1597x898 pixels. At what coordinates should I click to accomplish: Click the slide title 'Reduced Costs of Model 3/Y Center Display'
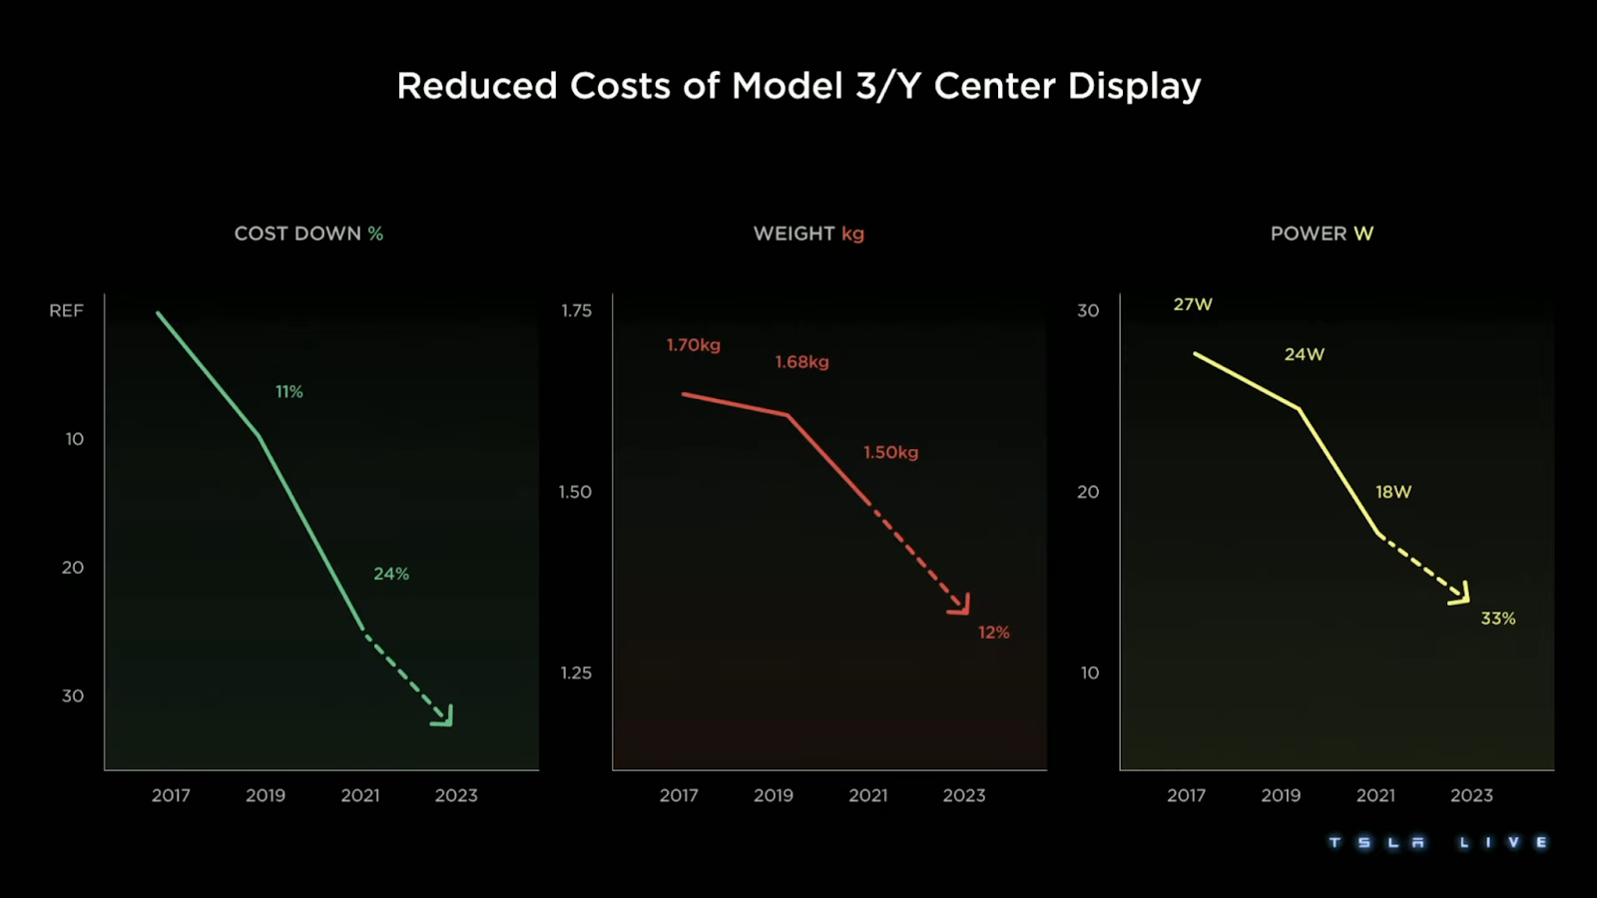pos(798,86)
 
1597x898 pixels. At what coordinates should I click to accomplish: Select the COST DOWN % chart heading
pos(308,233)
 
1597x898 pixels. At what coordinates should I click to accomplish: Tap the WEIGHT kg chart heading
pos(808,233)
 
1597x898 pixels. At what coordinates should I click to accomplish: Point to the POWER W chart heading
pos(1322,233)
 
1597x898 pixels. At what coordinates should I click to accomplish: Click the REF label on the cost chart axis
pos(66,310)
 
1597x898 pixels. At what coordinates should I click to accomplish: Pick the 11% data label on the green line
pos(289,392)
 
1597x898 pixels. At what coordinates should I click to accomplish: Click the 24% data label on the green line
pos(391,574)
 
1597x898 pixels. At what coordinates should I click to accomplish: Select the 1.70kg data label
pos(694,345)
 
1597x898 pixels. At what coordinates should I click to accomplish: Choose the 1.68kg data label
pos(802,362)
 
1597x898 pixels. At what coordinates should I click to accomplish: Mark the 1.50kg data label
pos(891,453)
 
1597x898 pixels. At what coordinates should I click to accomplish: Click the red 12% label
pos(994,633)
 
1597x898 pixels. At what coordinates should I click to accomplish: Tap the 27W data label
pos(1193,304)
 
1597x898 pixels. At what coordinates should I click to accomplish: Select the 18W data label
pos(1393,492)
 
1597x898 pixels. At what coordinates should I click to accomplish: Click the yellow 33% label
pos(1498,619)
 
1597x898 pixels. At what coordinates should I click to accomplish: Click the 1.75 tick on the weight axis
pos(576,310)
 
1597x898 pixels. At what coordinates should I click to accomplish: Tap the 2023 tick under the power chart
pos(1471,795)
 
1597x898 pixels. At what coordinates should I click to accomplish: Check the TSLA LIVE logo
pos(1438,843)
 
